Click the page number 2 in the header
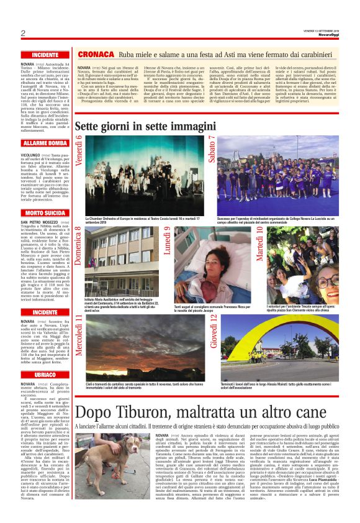(22, 32)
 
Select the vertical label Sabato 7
(212, 150)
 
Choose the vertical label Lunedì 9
(168, 241)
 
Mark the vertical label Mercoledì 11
(79, 336)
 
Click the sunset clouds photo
(143, 339)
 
